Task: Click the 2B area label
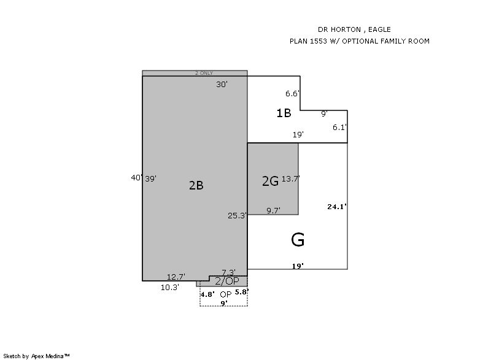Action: click(x=196, y=185)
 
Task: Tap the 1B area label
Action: click(x=284, y=113)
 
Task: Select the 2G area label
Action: click(x=270, y=181)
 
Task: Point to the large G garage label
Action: click(x=298, y=240)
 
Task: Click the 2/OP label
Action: click(x=227, y=281)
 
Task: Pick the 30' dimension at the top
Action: click(x=222, y=85)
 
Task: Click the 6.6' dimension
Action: click(x=293, y=93)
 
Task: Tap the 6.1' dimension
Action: click(x=340, y=128)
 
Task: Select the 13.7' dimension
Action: click(x=290, y=179)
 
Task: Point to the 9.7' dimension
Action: click(x=273, y=211)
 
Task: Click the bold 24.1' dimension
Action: click(x=337, y=207)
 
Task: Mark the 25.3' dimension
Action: click(x=237, y=215)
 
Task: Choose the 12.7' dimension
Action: click(x=176, y=277)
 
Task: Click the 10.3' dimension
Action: click(x=170, y=288)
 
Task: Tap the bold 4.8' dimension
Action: click(x=207, y=294)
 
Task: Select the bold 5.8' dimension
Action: click(x=242, y=292)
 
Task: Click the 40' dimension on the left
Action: click(x=137, y=178)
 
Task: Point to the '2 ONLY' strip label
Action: click(x=204, y=73)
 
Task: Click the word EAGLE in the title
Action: click(x=379, y=29)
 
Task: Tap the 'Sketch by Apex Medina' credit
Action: click(x=36, y=356)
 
